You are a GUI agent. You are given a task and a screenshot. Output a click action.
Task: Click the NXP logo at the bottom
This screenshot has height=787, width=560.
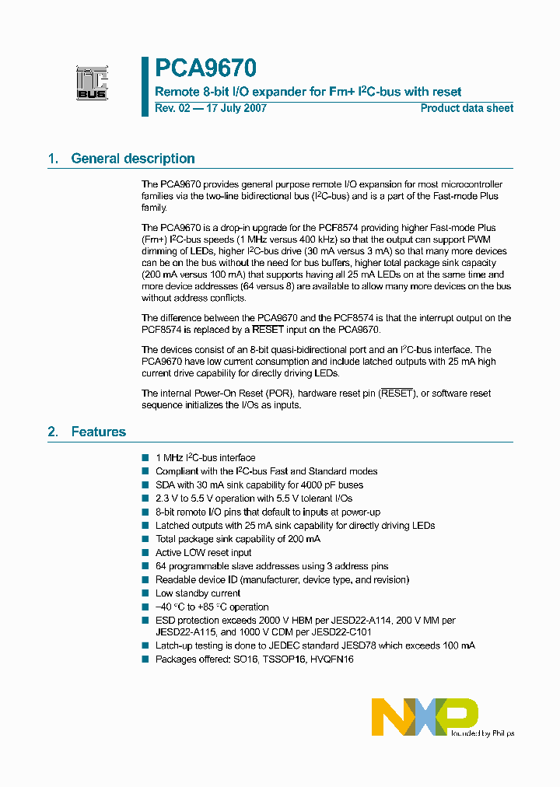(424, 716)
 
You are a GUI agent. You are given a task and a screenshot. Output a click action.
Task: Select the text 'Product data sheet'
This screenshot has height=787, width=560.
(467, 108)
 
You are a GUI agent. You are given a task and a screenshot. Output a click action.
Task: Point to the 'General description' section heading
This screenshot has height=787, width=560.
(132, 159)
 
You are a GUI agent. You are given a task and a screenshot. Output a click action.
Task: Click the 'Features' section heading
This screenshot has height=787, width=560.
(98, 432)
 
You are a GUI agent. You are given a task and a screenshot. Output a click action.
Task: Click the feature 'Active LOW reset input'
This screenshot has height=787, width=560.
(203, 553)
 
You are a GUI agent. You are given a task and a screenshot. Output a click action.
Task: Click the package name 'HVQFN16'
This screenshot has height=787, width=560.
(334, 659)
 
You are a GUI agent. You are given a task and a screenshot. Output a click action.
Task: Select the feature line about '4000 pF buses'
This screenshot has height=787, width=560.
(259, 484)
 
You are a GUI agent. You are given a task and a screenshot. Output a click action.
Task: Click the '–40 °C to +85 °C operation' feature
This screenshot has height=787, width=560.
(212, 607)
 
